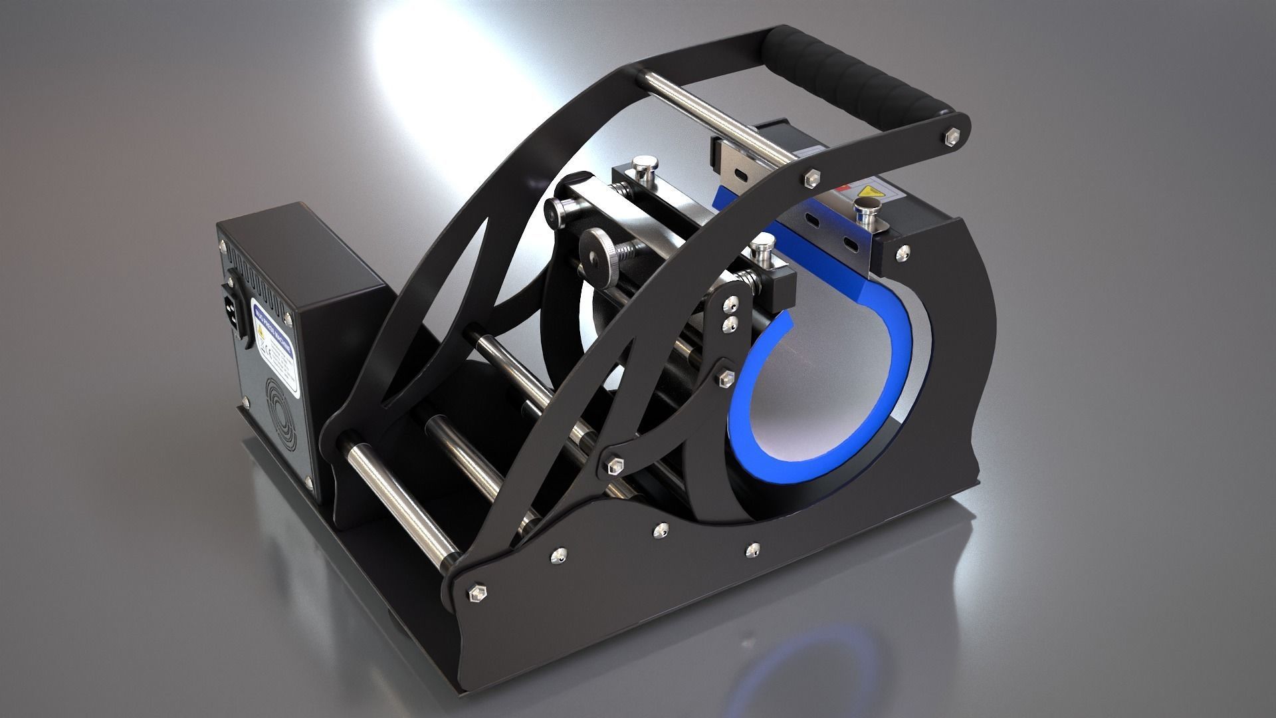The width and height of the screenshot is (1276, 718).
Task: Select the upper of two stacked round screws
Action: [x=731, y=306]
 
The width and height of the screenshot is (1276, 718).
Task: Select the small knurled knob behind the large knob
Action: [x=560, y=211]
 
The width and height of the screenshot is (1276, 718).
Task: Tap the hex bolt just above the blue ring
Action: [x=723, y=377]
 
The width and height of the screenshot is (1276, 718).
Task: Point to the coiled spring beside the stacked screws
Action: [x=748, y=279]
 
